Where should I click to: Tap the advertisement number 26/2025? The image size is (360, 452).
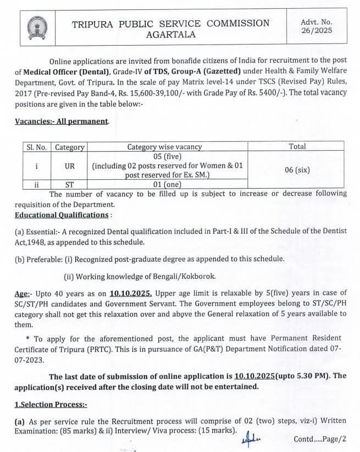coord(317,31)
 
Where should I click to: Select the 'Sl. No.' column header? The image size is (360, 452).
coord(36,147)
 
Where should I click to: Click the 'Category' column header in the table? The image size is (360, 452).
coord(70,147)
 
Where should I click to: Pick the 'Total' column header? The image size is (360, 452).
coord(297,147)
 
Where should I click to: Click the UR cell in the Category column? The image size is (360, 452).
coord(70,165)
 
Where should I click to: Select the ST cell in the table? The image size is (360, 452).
coord(70,185)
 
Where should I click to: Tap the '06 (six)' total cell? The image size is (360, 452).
coord(297,170)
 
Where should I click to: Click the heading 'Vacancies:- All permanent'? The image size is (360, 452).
coord(62,120)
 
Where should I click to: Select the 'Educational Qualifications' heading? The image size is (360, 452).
coord(61,214)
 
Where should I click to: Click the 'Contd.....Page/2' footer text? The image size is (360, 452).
coord(320,439)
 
